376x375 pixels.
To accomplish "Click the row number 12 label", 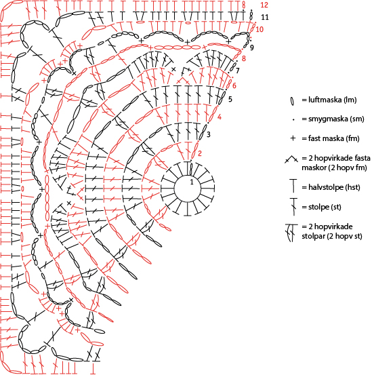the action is click(264, 5).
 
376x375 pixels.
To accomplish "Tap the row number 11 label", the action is click(265, 17).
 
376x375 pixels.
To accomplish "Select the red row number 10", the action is click(259, 29).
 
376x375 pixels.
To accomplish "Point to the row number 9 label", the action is click(252, 47).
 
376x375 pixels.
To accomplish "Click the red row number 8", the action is click(244, 58).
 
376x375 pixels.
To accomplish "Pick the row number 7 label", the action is click(238, 71).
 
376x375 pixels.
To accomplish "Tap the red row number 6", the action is click(234, 85).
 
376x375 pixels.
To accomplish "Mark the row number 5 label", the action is click(230, 99).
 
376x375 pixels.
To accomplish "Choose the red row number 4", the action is click(220, 117).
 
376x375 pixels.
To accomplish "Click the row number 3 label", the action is click(209, 134).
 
